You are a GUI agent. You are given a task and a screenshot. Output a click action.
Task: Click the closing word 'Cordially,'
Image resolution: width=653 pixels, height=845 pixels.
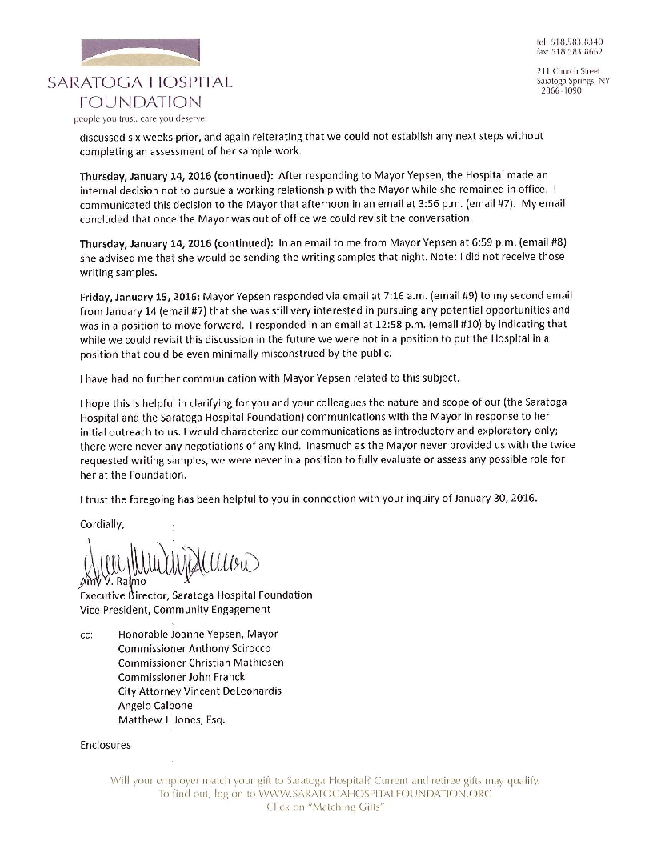tap(103, 523)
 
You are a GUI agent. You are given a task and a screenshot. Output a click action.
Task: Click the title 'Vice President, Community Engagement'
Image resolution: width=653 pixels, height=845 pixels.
tap(175, 610)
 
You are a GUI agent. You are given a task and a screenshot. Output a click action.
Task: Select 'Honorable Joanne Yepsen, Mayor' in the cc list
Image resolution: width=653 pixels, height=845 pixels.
tap(198, 633)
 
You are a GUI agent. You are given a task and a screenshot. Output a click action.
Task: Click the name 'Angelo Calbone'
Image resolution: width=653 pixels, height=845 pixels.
tap(155, 705)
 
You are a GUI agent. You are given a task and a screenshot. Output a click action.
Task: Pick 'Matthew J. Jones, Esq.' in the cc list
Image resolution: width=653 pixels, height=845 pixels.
tap(171, 719)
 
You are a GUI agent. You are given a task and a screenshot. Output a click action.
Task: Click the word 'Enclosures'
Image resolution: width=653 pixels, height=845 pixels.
tap(106, 745)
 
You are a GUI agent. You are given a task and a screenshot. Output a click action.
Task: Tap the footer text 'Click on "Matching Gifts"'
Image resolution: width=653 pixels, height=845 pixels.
tap(326, 807)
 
